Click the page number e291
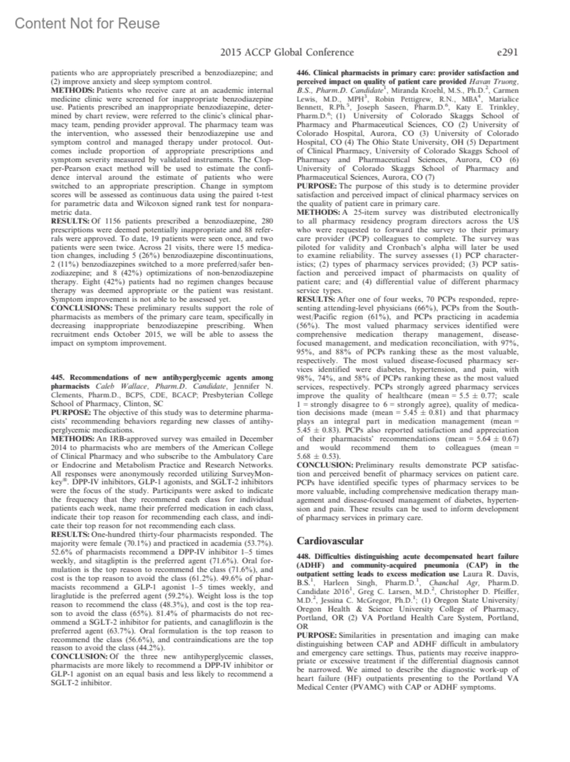506,52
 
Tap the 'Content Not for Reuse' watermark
87,23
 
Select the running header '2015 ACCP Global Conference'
287,52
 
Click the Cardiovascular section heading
330,540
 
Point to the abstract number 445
58,377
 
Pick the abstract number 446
304,73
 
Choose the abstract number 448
304,556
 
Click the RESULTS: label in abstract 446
316,299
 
